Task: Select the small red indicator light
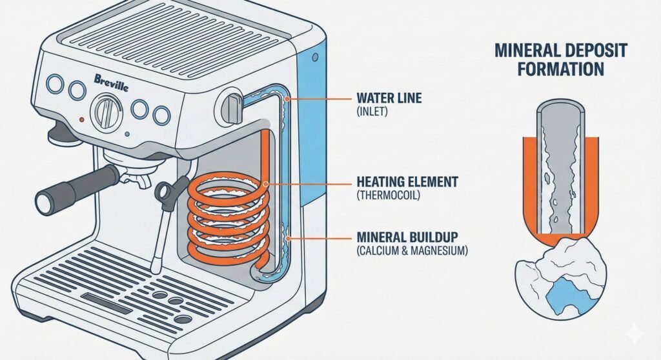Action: tap(81, 120)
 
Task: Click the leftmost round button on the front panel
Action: tap(55, 84)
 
